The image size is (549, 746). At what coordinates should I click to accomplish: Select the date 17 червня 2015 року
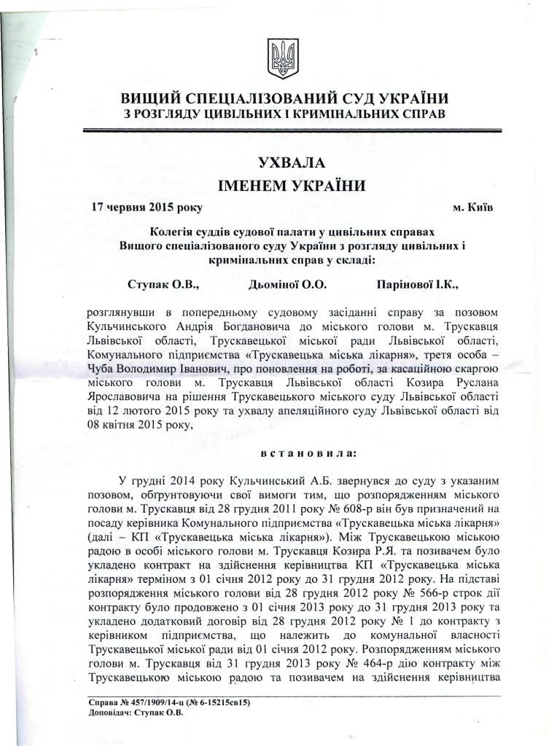(x=146, y=207)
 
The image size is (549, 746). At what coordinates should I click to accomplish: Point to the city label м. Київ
(x=472, y=207)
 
